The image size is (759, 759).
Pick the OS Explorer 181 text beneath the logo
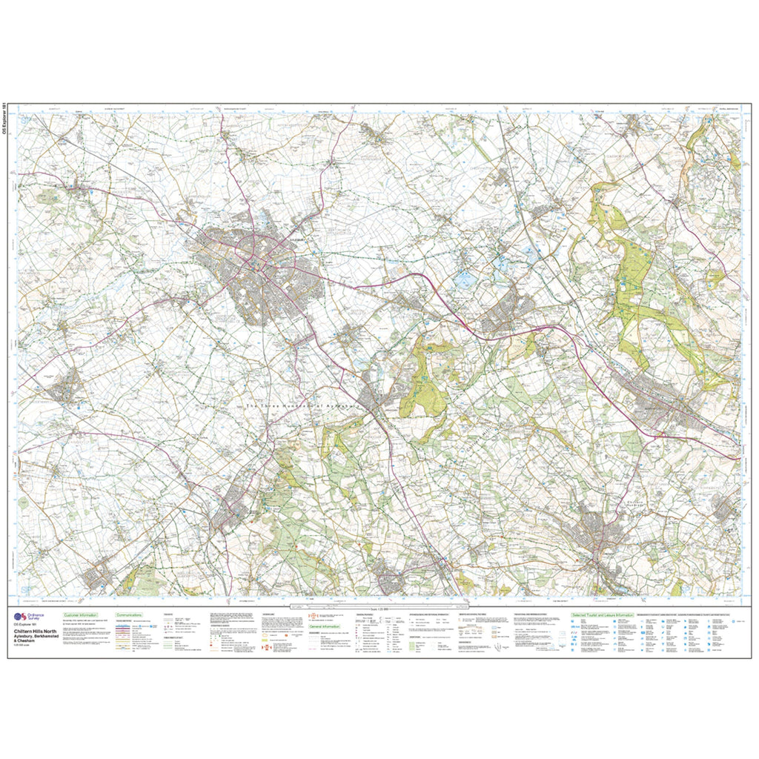(x=28, y=626)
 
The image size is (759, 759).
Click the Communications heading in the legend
(x=129, y=615)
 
